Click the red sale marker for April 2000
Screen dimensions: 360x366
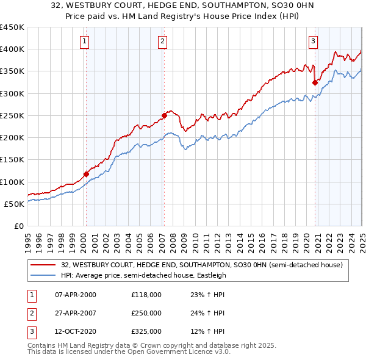pyautogui.click(x=86, y=174)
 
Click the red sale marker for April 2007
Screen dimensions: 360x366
pyautogui.click(x=164, y=115)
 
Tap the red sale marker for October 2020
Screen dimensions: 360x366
pyautogui.click(x=315, y=82)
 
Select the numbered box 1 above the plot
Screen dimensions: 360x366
pyautogui.click(x=84, y=41)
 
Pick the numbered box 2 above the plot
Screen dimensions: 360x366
pyautogui.click(x=163, y=41)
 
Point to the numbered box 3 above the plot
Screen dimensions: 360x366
pyautogui.click(x=313, y=41)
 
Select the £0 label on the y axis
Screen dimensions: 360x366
pyautogui.click(x=18, y=226)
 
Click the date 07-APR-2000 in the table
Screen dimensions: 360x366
pyautogui.click(x=76, y=295)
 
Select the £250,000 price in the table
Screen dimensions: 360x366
pyautogui.click(x=146, y=313)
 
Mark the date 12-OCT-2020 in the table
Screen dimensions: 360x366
pyautogui.click(x=76, y=331)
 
